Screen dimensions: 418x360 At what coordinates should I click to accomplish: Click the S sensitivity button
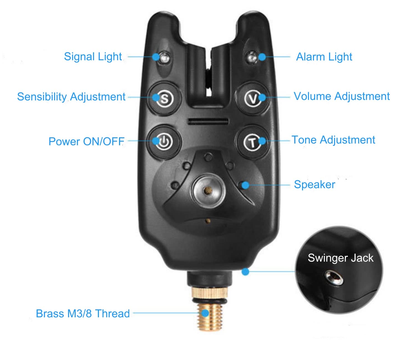click(164, 98)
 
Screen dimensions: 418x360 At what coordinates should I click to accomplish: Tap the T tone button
click(252, 142)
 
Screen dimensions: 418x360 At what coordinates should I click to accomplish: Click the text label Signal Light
click(93, 57)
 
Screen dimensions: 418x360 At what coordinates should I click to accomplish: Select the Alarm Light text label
click(324, 57)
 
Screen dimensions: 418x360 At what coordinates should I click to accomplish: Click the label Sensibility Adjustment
click(71, 97)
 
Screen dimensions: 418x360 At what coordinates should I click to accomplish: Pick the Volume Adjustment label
click(342, 96)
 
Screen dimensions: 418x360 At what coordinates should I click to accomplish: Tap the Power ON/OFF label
click(87, 141)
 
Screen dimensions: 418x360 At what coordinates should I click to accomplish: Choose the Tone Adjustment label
click(333, 140)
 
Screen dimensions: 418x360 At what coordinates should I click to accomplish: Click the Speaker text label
click(315, 185)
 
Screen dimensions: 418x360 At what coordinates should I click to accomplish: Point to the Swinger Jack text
click(341, 258)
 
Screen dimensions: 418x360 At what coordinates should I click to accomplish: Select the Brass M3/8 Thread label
click(83, 314)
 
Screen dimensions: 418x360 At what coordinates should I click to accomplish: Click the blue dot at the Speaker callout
click(245, 185)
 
